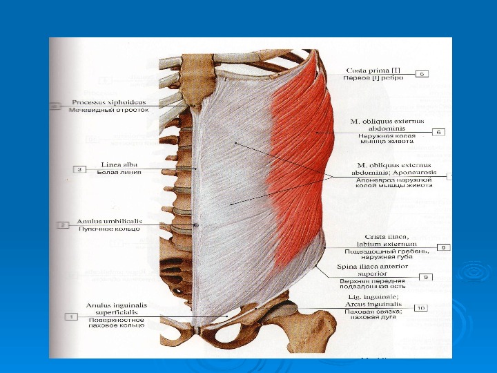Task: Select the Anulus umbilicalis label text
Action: (110, 221)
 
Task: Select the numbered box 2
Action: (63, 225)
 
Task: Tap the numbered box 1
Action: (70, 316)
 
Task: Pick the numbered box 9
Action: (427, 277)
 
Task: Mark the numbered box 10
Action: (422, 308)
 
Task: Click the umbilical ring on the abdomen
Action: (196, 225)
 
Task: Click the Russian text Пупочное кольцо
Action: (110, 229)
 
